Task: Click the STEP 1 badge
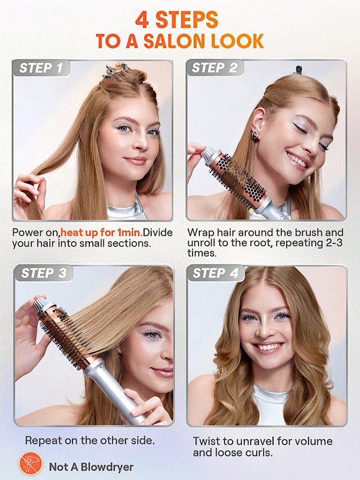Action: click(41, 68)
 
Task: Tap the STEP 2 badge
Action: click(215, 68)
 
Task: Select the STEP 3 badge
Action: click(43, 273)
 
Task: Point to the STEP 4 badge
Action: click(216, 273)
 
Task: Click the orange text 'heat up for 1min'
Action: click(100, 233)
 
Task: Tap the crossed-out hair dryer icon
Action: click(31, 464)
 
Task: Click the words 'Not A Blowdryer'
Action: click(91, 467)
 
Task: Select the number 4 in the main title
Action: click(142, 20)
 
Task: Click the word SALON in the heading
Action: click(175, 41)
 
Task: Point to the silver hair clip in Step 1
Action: click(114, 71)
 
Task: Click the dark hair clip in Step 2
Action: click(298, 70)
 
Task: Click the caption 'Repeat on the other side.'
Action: click(89, 440)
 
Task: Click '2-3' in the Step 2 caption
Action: click(332, 243)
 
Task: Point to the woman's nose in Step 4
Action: click(266, 331)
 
